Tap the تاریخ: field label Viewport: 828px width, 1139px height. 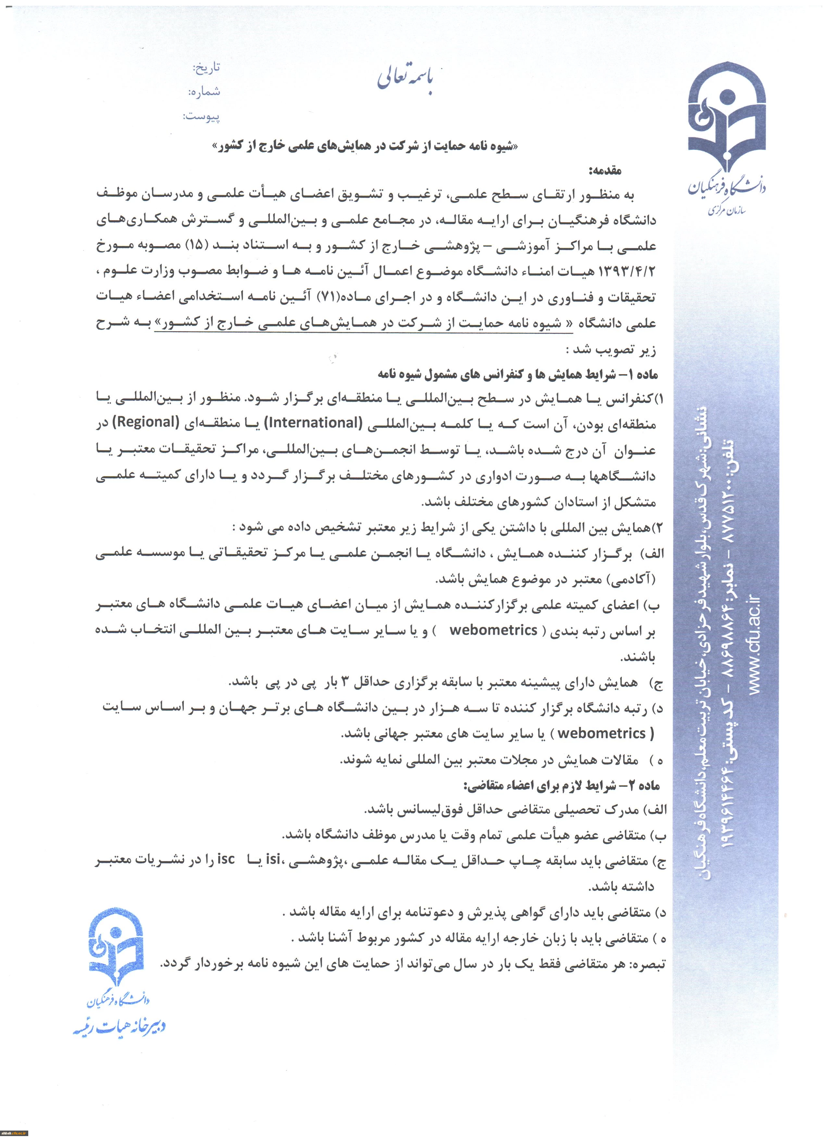pos(207,68)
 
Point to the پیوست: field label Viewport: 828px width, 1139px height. pos(201,117)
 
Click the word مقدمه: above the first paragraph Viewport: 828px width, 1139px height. pos(606,171)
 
